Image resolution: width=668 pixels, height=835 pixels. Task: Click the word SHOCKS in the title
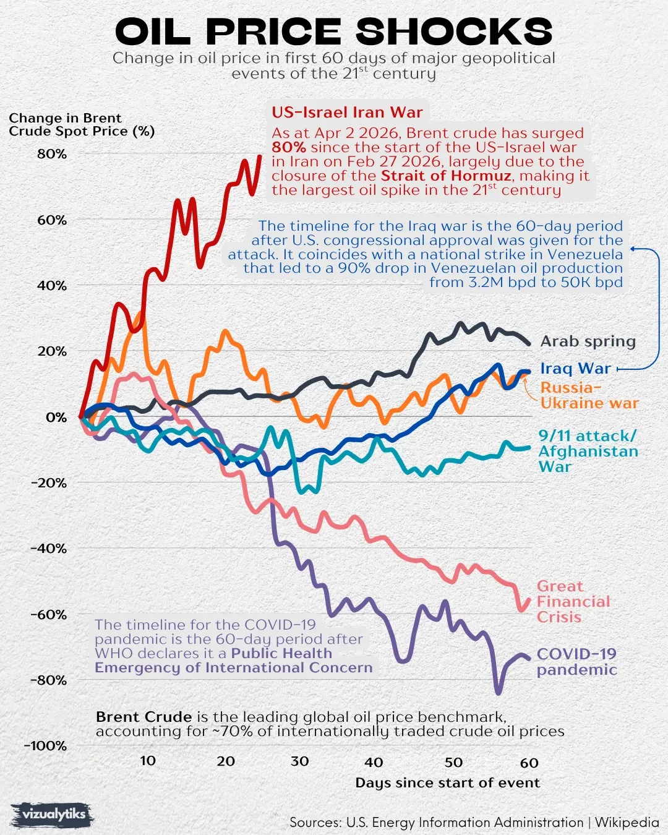coord(454,32)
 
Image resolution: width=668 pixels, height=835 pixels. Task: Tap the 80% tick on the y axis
coord(51,154)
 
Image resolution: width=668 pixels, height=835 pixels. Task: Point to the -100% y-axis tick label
coord(45,746)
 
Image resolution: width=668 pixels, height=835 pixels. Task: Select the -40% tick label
coord(48,549)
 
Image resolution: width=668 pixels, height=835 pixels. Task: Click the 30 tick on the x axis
coord(300,761)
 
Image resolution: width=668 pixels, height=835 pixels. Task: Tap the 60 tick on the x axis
coord(529,763)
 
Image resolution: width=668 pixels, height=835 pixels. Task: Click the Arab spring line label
coord(588,341)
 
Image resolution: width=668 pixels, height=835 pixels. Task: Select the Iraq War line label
coord(575,369)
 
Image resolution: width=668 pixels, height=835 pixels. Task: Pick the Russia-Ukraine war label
coord(588,396)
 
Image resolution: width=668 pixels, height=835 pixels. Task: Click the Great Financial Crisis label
coord(573,601)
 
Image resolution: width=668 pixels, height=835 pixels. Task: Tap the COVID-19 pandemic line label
coord(576,662)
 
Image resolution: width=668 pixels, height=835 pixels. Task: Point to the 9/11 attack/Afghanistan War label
coord(587,452)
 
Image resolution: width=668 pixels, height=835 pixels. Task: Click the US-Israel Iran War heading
coord(347,113)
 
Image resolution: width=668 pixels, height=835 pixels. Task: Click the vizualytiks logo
coord(53,815)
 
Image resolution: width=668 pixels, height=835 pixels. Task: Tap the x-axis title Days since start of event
coord(447,783)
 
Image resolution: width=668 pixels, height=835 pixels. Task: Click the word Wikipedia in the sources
coord(627,823)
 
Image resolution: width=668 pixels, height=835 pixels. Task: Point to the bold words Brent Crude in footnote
coord(143,717)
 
